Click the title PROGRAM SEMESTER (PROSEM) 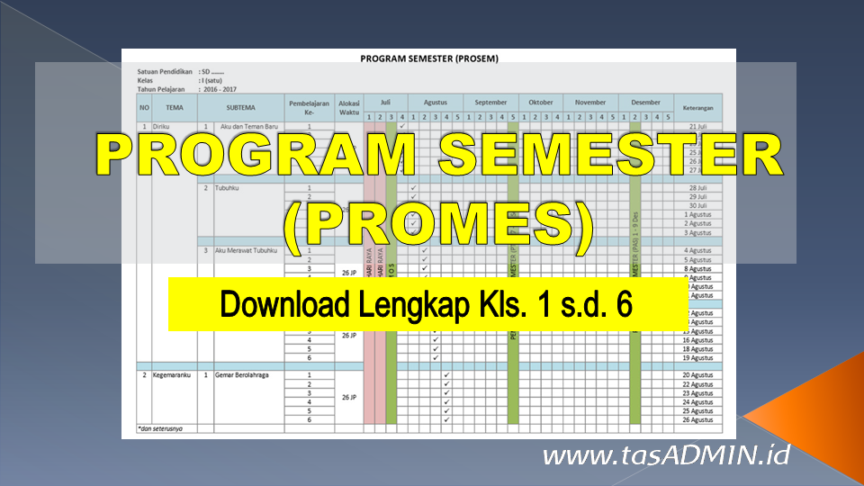(x=428, y=58)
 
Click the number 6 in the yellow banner (x=623, y=305)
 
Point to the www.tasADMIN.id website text (x=666, y=455)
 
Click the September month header (x=490, y=103)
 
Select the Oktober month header (x=541, y=103)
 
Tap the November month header (x=590, y=103)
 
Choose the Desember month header (x=645, y=103)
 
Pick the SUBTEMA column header (x=240, y=107)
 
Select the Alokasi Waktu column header (x=349, y=107)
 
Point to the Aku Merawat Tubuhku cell (x=246, y=250)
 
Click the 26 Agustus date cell (x=698, y=419)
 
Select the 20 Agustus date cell (x=698, y=374)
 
